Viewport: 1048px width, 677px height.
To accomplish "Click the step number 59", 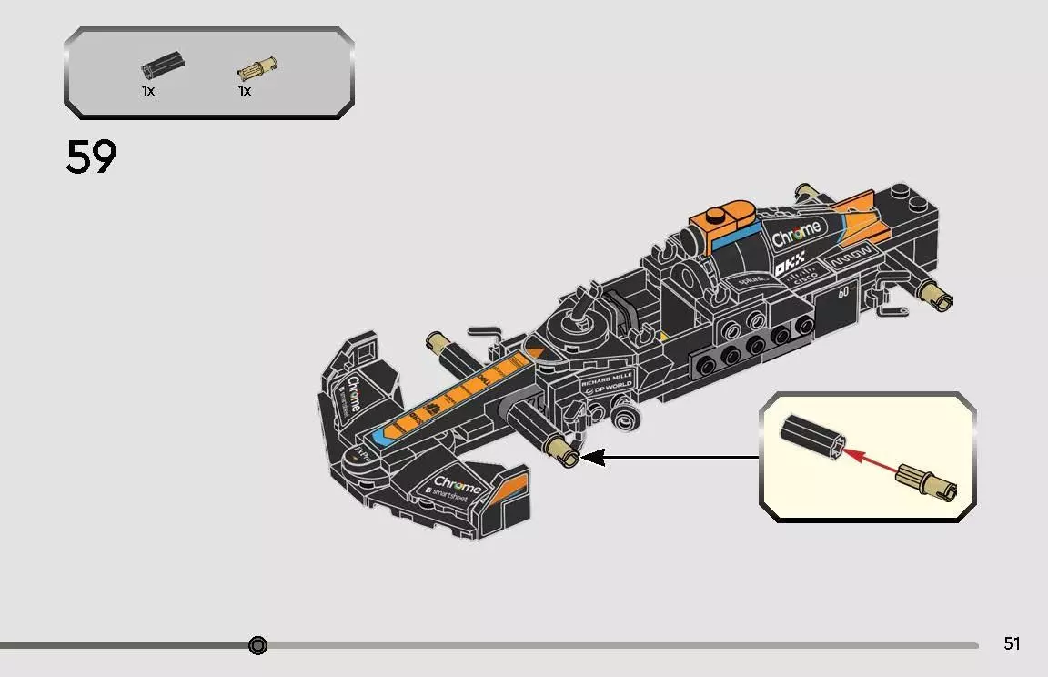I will [91, 157].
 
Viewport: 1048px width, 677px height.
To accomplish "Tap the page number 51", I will [1012, 643].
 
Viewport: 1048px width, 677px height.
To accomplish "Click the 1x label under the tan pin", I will [245, 91].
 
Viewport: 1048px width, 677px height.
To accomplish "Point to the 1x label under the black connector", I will [148, 91].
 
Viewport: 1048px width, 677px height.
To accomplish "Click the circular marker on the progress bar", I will [257, 645].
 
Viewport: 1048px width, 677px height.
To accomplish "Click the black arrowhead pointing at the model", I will [592, 457].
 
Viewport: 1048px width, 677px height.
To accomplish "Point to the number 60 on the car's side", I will [843, 292].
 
